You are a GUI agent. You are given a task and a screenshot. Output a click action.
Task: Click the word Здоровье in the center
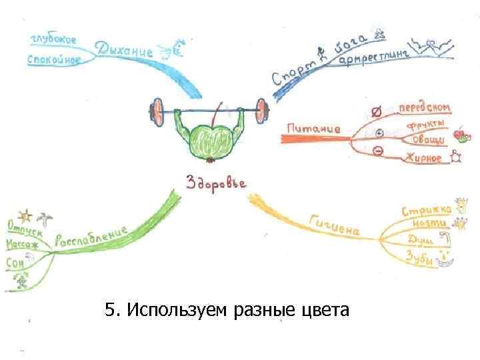click(216, 182)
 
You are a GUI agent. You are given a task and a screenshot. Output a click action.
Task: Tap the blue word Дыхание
click(125, 49)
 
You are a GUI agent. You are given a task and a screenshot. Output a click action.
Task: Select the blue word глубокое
click(53, 39)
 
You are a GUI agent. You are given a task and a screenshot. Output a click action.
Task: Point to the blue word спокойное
click(54, 60)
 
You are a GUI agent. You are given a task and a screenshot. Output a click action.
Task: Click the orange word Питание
click(313, 127)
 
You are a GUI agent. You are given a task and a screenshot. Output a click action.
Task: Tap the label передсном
click(424, 108)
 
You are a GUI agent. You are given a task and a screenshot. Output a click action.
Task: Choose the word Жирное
click(423, 158)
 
